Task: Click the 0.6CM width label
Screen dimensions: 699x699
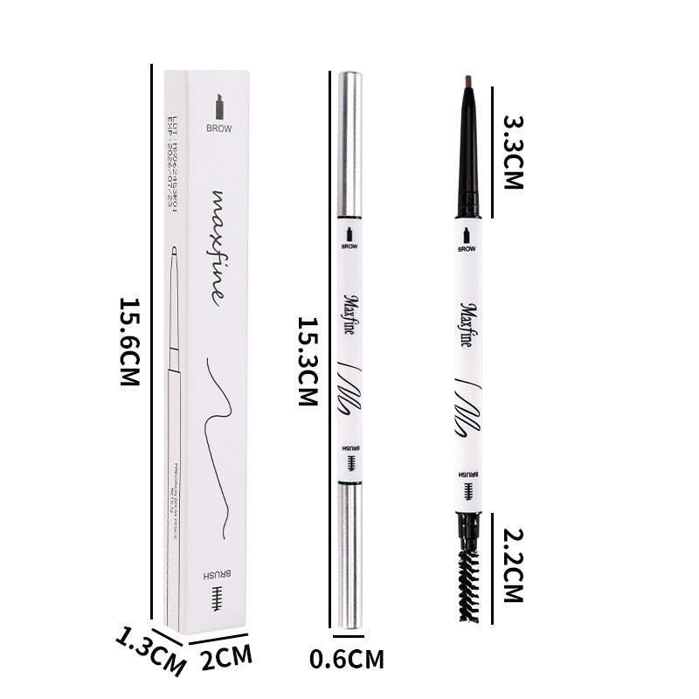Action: [347, 659]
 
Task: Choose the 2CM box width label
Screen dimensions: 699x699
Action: [226, 656]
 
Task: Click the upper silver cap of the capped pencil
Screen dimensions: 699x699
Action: [349, 144]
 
